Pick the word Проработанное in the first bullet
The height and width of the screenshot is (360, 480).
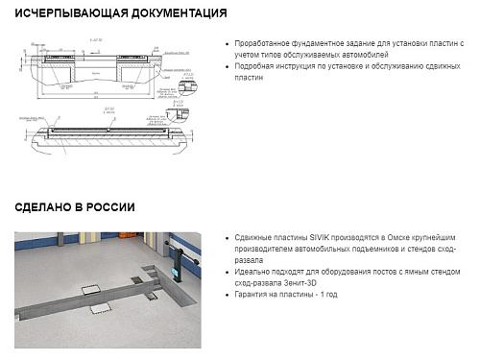coord(269,44)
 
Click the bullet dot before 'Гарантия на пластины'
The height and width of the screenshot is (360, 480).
coord(226,295)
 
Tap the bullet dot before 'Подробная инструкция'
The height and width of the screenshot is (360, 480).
coord(226,67)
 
